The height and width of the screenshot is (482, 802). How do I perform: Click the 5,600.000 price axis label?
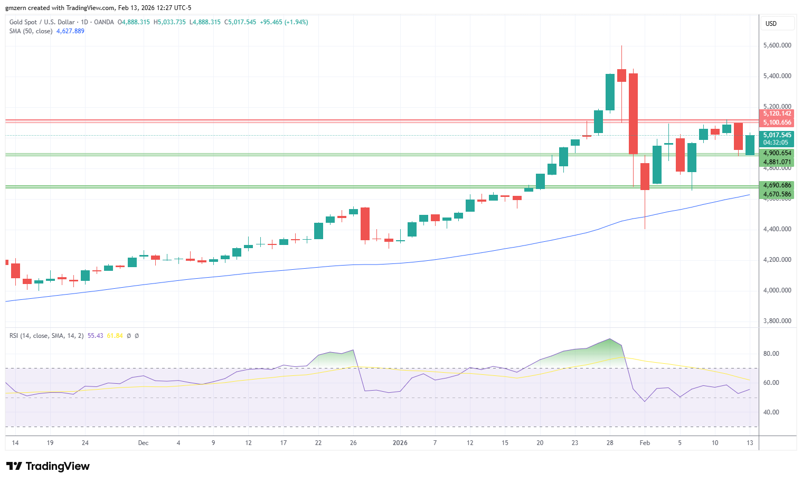pyautogui.click(x=777, y=45)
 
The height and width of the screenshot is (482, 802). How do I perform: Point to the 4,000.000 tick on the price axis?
pyautogui.click(x=777, y=290)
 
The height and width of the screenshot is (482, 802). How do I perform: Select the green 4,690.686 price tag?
pyautogui.click(x=777, y=185)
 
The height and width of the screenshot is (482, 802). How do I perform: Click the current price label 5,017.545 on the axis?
pyautogui.click(x=777, y=135)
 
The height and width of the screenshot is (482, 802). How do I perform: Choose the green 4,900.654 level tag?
pyautogui.click(x=777, y=153)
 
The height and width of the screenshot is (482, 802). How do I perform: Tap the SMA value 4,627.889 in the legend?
pyautogui.click(x=70, y=31)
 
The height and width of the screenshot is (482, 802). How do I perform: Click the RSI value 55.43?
pyautogui.click(x=96, y=336)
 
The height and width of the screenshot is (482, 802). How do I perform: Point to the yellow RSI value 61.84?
pyautogui.click(x=115, y=336)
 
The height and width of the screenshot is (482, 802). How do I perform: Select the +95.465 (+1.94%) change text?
pyautogui.click(x=284, y=22)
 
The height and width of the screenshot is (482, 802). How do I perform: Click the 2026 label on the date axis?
pyautogui.click(x=400, y=443)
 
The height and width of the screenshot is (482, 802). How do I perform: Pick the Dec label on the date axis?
pyautogui.click(x=143, y=443)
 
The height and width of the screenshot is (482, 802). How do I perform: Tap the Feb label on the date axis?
pyautogui.click(x=645, y=443)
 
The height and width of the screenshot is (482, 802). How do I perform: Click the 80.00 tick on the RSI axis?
pyautogui.click(x=771, y=354)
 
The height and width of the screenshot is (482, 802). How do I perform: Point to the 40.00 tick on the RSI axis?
pyautogui.click(x=771, y=412)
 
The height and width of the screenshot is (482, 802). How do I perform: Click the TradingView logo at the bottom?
pyautogui.click(x=48, y=466)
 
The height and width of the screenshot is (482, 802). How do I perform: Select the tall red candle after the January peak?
pyautogui.click(x=633, y=114)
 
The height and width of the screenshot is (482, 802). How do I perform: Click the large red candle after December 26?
pyautogui.click(x=365, y=224)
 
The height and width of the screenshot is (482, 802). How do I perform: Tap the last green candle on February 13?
pyautogui.click(x=750, y=145)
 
